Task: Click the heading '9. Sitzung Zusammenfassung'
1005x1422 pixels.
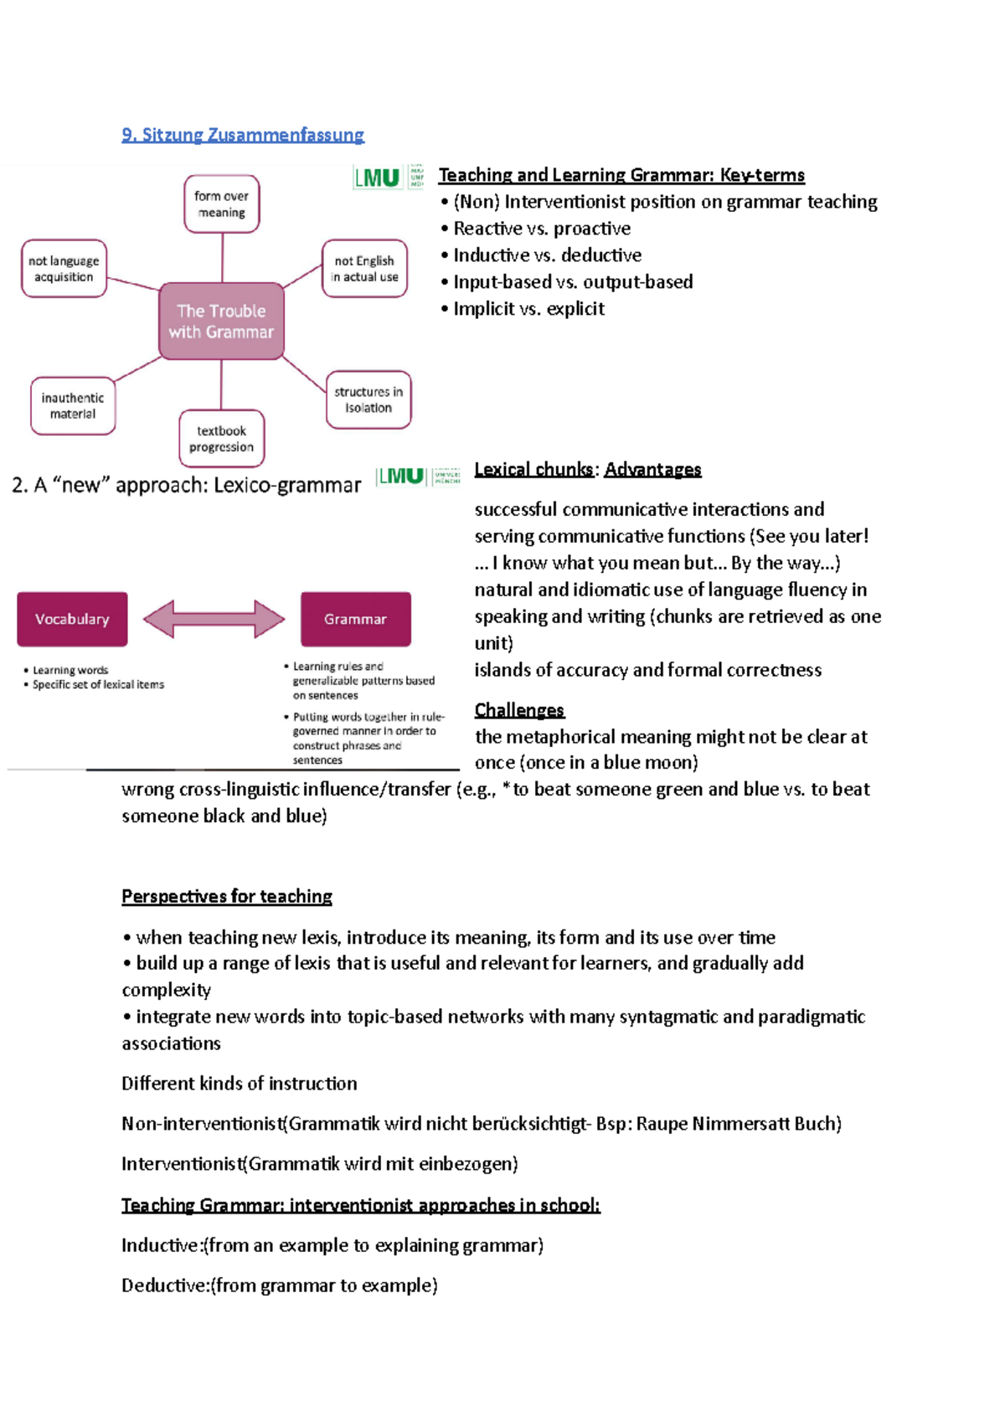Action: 243,135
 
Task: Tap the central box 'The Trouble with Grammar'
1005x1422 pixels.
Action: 221,322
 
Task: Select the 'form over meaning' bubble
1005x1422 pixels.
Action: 221,204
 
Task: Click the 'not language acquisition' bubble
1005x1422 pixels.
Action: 64,269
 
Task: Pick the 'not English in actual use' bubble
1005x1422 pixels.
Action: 364,269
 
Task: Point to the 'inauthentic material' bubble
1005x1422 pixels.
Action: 73,406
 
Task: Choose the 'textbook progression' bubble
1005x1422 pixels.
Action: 221,439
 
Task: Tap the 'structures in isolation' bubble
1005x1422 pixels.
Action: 368,400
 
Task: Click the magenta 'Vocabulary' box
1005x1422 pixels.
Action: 72,620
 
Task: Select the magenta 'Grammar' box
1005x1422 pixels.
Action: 356,620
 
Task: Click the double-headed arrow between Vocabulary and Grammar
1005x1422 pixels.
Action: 214,620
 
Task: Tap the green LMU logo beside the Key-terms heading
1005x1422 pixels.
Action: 378,178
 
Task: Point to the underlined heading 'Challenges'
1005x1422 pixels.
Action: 519,710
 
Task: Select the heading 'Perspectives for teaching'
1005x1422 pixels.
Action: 227,897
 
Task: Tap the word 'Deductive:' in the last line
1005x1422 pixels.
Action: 165,1285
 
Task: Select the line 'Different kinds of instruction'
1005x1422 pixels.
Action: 240,1084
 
